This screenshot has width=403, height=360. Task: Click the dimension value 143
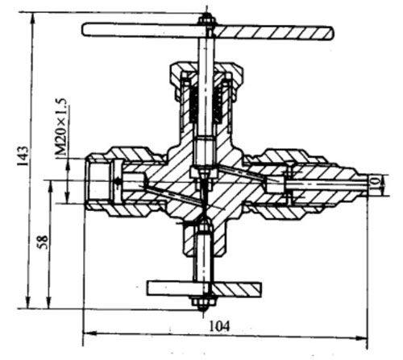tap(23, 155)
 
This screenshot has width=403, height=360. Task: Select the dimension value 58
tap(43, 242)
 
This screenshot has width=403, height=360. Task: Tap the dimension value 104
tap(219, 326)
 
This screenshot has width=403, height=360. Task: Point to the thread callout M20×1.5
tap(61, 126)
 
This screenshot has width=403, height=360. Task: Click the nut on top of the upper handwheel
tap(206, 20)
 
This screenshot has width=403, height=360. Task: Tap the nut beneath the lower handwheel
tap(204, 304)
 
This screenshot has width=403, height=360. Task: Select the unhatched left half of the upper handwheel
tap(143, 30)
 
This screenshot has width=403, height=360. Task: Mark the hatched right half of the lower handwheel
tap(235, 290)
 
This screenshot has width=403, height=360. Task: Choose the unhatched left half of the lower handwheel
tap(177, 288)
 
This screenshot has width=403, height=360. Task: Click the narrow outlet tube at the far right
tap(363, 184)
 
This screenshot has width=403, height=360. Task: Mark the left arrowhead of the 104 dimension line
tap(89, 333)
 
